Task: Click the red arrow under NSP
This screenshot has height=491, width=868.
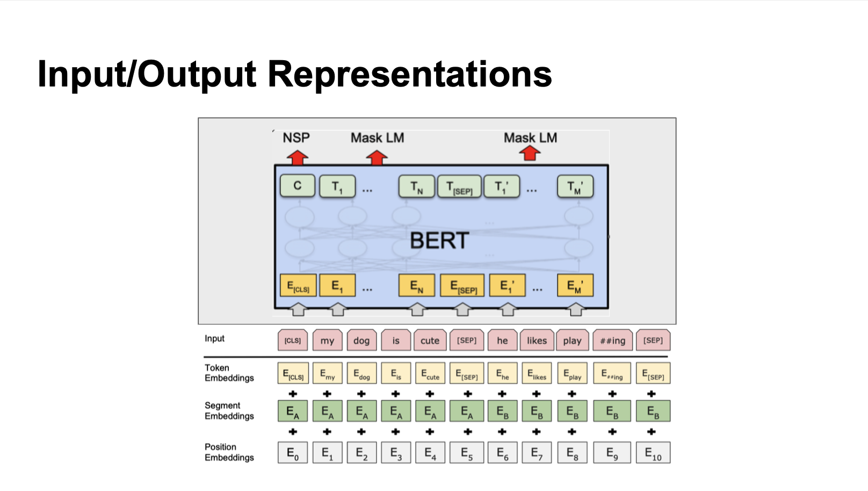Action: pos(297,157)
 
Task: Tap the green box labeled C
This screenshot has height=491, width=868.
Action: pos(298,186)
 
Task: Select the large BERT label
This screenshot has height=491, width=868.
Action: pos(439,241)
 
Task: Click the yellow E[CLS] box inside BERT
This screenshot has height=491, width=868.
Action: pos(298,286)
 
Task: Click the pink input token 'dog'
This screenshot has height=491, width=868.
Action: pos(361,341)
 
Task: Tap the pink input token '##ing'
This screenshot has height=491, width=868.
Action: pos(612,341)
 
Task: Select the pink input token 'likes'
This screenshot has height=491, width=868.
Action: pos(537,341)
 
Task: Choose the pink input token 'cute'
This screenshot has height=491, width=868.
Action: pos(430,341)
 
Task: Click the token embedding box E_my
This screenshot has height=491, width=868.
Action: pos(327,374)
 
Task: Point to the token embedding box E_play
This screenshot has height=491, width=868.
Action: pos(572,374)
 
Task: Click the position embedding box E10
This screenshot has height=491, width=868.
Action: pos(653,453)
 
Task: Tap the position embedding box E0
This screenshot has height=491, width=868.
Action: pos(293,453)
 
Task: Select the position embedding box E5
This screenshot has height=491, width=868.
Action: pos(467,453)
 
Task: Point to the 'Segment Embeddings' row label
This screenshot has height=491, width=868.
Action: pos(229,411)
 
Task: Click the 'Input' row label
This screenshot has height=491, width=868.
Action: pos(214,338)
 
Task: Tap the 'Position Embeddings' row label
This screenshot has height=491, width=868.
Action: pos(229,452)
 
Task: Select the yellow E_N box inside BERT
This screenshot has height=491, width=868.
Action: pos(416,286)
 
